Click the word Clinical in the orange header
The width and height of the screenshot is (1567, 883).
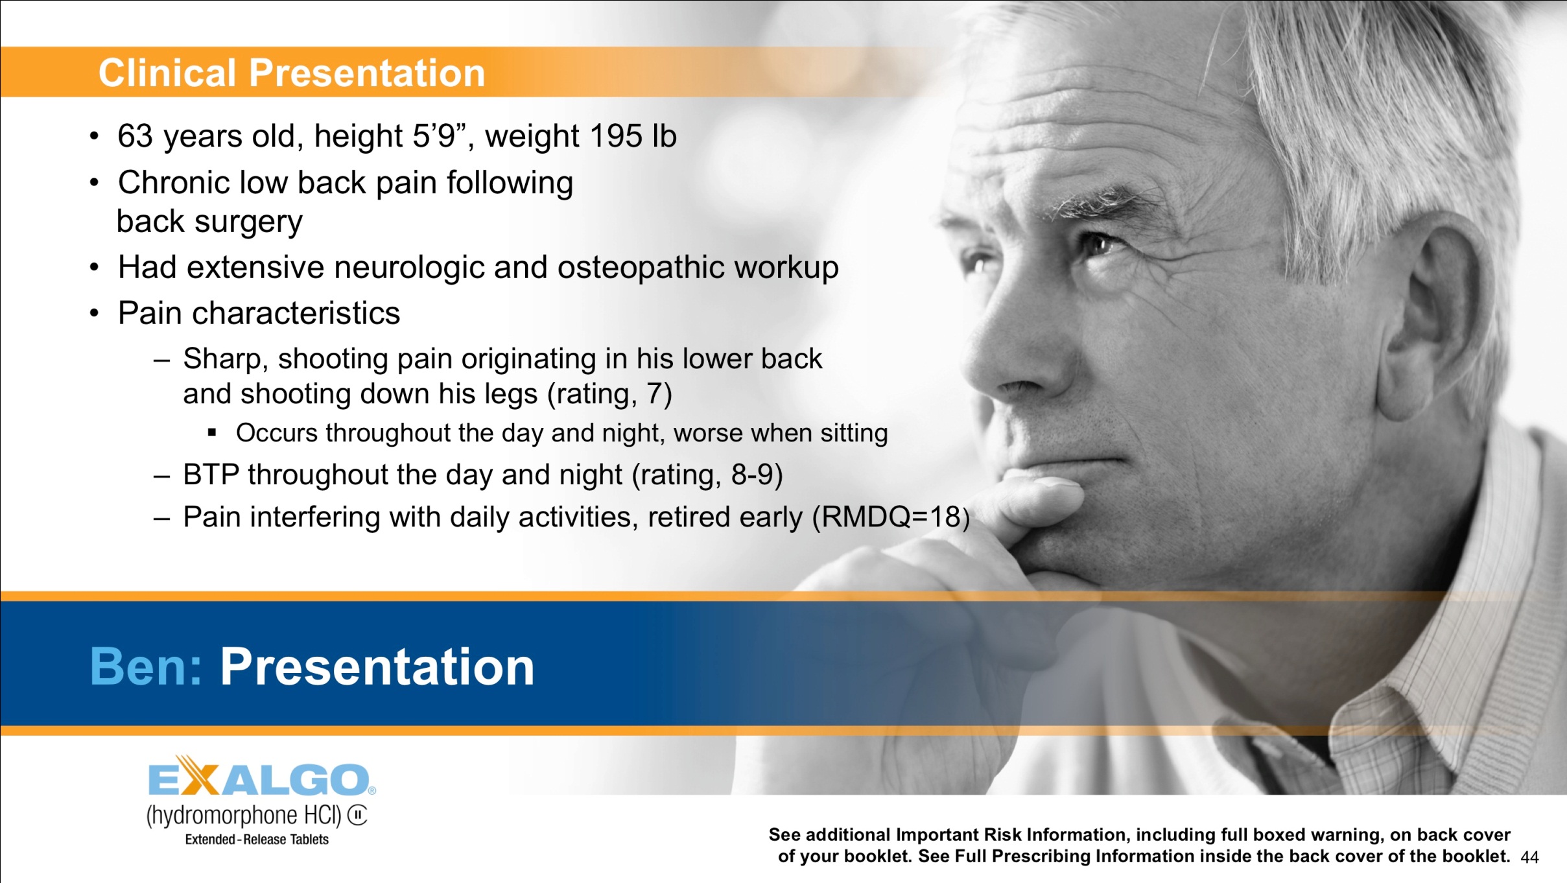167,73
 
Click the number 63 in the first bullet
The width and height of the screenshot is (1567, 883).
135,136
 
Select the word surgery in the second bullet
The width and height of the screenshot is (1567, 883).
248,222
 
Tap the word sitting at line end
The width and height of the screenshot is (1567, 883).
853,433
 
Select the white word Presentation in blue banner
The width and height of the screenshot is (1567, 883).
377,666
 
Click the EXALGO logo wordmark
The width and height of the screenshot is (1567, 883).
259,778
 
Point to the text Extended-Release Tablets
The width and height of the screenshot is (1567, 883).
257,840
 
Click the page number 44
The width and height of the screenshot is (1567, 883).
1529,857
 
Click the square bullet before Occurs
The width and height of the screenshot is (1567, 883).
211,432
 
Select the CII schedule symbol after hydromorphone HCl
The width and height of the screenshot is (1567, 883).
357,815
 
